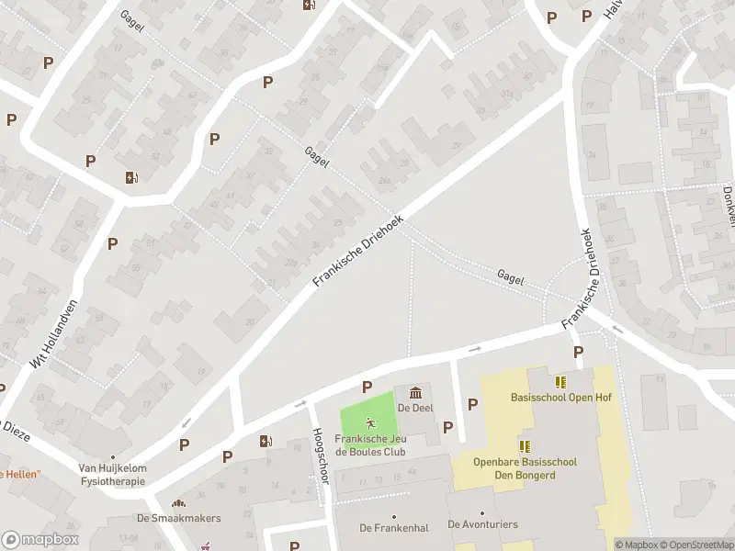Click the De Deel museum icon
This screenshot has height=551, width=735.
tap(415, 393)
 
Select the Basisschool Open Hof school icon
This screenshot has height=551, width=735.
tap(560, 382)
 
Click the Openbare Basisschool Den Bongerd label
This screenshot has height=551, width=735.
tap(525, 467)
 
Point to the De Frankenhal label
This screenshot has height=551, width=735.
tap(393, 527)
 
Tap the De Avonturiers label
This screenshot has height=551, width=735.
tap(482, 524)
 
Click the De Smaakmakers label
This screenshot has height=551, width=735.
tap(178, 518)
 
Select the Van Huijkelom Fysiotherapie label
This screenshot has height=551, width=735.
tap(112, 473)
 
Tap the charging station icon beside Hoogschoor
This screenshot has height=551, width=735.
tap(266, 442)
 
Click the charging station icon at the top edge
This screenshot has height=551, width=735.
tap(309, 5)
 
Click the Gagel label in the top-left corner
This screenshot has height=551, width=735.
tap(132, 20)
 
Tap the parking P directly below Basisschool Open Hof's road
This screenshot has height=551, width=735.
tap(578, 353)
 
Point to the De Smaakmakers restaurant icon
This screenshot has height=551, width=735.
tap(178, 503)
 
